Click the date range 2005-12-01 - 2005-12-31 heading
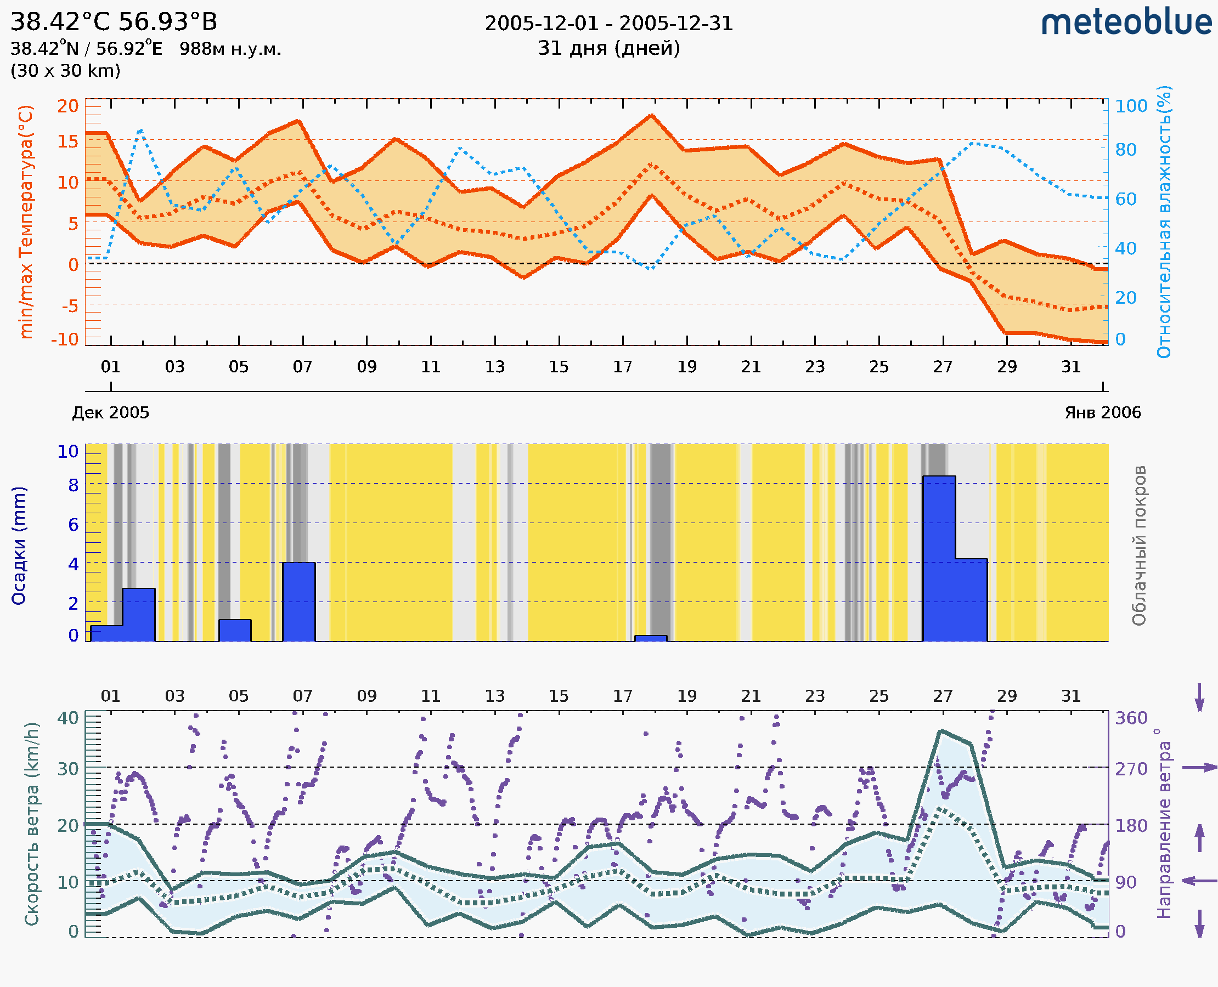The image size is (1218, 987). [608, 24]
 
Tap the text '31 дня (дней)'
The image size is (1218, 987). [608, 48]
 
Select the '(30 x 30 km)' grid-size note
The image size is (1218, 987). [65, 71]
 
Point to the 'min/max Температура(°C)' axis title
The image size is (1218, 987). [26, 222]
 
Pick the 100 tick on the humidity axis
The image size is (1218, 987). [1131, 106]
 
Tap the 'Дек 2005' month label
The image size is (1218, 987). [111, 413]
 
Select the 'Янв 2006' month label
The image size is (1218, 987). [1103, 413]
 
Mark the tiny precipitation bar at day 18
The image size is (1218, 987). [651, 638]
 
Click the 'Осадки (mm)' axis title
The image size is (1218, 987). [19, 546]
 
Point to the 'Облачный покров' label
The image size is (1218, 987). [1139, 546]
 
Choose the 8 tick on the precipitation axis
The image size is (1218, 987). [74, 485]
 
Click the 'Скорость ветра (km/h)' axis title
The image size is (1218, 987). [32, 824]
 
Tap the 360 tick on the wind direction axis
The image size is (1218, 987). [1131, 718]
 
